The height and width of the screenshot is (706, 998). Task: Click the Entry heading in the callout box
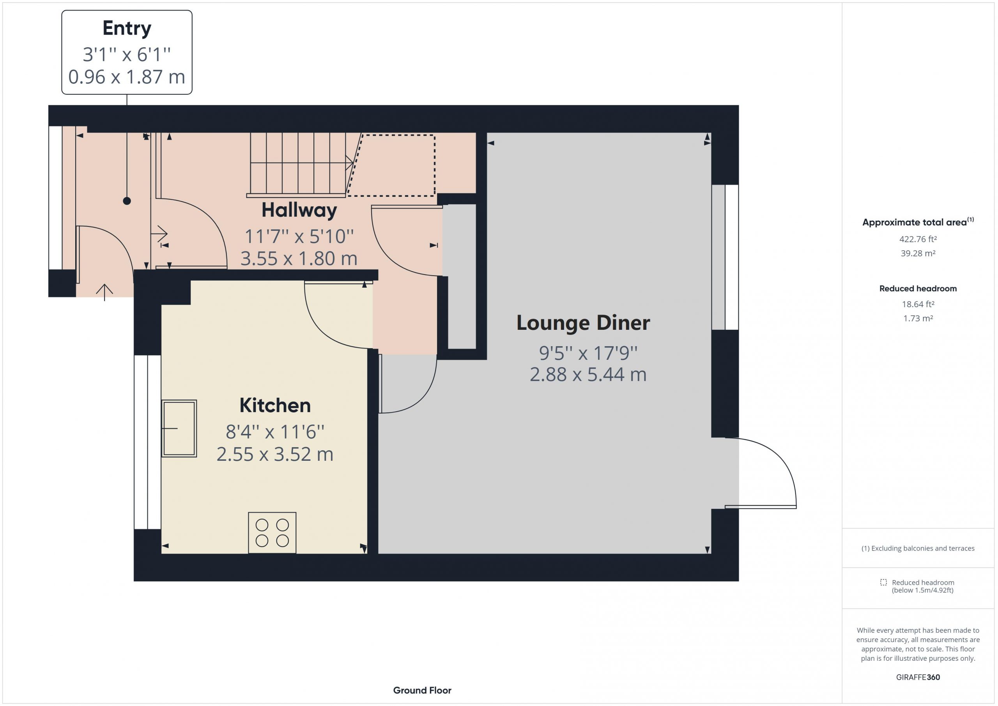pos(127,29)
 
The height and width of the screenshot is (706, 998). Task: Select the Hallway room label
pos(299,211)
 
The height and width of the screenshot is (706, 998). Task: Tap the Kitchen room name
pos(275,405)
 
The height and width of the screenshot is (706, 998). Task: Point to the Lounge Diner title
pos(583,322)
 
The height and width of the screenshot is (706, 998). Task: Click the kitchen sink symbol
pos(179,428)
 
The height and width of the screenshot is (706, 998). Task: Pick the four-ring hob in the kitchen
pos(272,533)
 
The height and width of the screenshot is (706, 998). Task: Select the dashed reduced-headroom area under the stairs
pos(391,165)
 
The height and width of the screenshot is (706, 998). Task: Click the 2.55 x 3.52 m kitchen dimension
pos(275,454)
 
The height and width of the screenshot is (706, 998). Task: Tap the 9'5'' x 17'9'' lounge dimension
pos(588,353)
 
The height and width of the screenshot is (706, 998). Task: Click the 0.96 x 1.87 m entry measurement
pos(127,77)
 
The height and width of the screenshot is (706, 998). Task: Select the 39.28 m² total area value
pos(918,253)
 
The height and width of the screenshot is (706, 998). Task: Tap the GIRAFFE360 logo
pos(918,677)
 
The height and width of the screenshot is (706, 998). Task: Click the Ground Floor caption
pos(422,690)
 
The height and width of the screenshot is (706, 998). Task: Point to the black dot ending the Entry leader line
pos(127,201)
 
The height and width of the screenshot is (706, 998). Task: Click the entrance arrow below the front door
pos(104,292)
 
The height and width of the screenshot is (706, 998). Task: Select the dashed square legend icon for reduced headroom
pos(884,582)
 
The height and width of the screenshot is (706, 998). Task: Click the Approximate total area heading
pos(918,222)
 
